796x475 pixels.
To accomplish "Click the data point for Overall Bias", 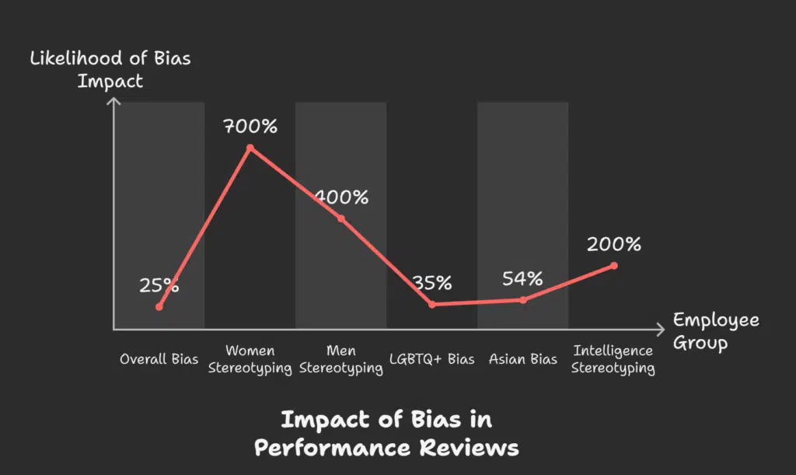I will (x=159, y=307).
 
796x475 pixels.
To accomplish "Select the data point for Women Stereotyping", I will (x=250, y=147).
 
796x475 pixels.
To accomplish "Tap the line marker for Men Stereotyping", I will (x=340, y=218).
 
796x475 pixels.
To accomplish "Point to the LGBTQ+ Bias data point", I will (x=432, y=304).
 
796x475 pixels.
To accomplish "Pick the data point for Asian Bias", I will (x=523, y=299).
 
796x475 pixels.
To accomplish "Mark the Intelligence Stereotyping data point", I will (x=614, y=266).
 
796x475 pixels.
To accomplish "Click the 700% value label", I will (x=250, y=126).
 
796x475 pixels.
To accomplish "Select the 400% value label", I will (x=341, y=197).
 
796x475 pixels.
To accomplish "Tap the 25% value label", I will (x=159, y=285).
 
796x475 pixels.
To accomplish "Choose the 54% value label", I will (x=522, y=278).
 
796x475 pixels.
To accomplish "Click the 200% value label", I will (x=614, y=244).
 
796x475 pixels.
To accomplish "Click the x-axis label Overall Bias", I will (x=159, y=359).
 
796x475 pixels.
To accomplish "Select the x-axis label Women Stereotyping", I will (x=250, y=359).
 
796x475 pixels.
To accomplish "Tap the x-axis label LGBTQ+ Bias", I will (x=432, y=359).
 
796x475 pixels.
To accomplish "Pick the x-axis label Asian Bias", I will (x=523, y=359).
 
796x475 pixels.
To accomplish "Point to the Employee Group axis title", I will (x=716, y=331).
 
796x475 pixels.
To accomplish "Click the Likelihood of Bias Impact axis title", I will (x=110, y=69).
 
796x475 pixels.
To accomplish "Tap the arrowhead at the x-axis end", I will (x=661, y=328).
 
